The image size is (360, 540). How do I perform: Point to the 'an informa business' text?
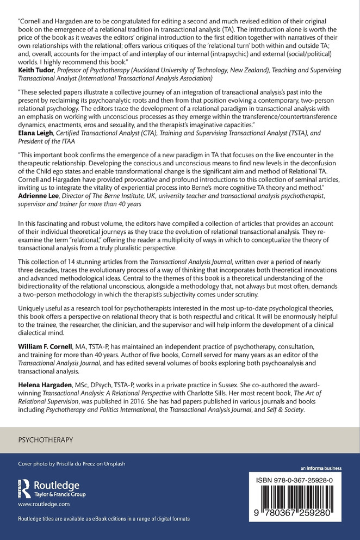coord(321,468)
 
